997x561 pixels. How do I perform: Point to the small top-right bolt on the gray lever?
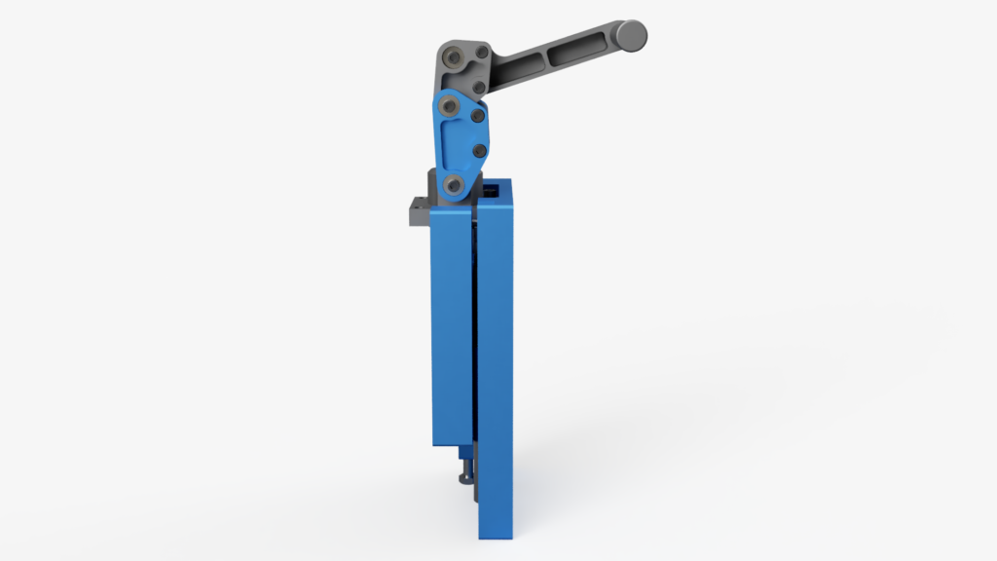(x=481, y=51)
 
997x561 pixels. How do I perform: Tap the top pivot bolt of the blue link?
(x=448, y=102)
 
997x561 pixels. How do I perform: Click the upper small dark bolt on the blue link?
(x=478, y=116)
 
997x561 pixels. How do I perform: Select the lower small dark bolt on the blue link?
(x=478, y=151)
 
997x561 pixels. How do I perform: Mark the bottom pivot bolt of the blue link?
(x=453, y=183)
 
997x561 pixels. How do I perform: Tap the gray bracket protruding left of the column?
(x=417, y=211)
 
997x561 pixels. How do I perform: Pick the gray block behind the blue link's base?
(x=433, y=185)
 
